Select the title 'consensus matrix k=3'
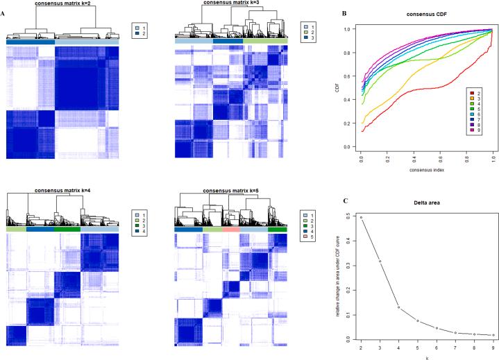click(232, 3)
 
